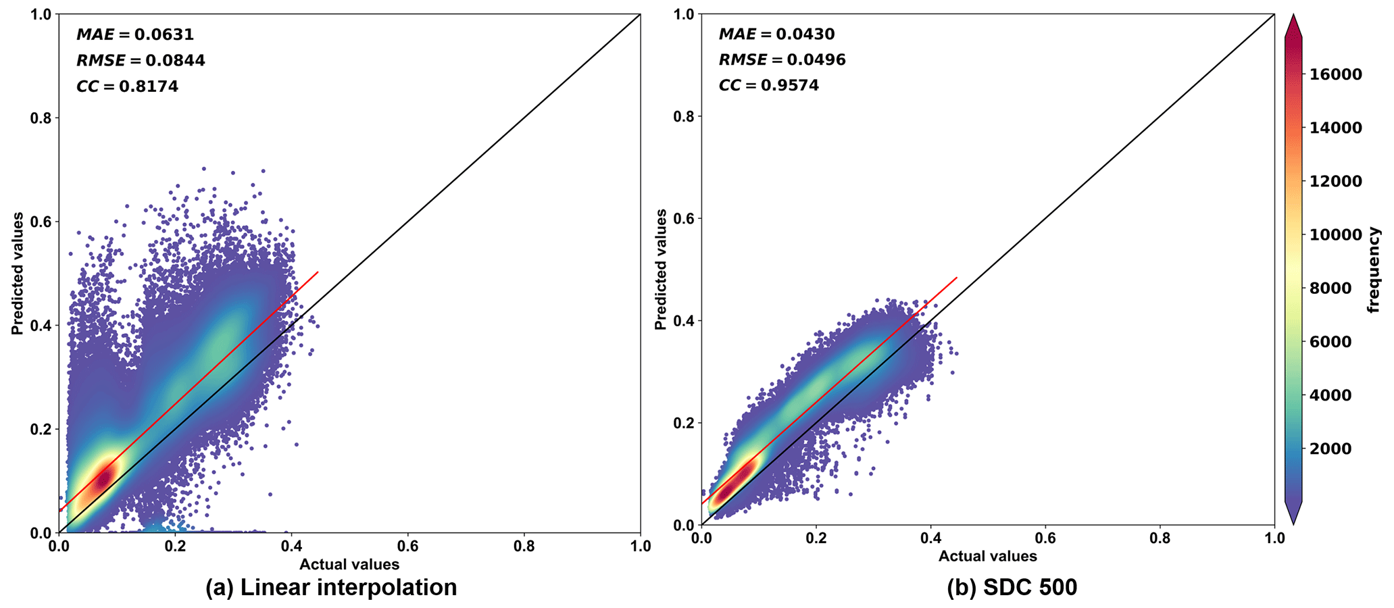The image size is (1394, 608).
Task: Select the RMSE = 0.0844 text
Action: (140, 61)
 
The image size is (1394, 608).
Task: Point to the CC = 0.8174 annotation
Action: (127, 86)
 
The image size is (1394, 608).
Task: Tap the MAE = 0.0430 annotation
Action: (776, 34)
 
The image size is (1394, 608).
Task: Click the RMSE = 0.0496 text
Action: (781, 60)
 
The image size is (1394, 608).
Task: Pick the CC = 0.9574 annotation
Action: (768, 86)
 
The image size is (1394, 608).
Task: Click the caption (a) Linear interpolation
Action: (331, 587)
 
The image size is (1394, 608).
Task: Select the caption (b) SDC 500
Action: (1012, 587)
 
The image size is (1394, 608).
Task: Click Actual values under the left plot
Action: (349, 565)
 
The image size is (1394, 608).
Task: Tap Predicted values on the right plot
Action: (661, 270)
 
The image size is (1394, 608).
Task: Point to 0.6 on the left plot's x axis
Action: (407, 546)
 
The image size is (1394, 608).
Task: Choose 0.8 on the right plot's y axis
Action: (684, 116)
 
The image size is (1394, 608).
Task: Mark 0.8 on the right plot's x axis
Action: (1160, 538)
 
